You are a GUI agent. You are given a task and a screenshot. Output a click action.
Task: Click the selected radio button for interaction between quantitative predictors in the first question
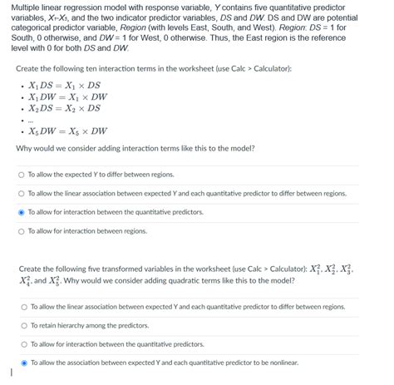point(22,212)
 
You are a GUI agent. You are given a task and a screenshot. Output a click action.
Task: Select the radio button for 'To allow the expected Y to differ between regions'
point(22,175)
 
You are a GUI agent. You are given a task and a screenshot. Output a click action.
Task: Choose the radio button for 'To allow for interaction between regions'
point(22,231)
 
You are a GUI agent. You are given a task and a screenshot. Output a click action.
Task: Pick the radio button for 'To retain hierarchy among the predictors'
point(25,325)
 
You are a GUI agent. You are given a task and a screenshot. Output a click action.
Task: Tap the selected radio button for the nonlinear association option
point(25,363)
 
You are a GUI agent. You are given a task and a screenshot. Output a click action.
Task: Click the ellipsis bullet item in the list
point(32,120)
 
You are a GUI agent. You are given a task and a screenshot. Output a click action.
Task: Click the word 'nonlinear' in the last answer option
point(280,363)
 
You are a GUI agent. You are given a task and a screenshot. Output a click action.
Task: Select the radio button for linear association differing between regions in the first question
point(22,194)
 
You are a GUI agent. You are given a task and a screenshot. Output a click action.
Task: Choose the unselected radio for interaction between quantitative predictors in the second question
point(25,343)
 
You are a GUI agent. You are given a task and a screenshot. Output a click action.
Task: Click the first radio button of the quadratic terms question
point(25,306)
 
